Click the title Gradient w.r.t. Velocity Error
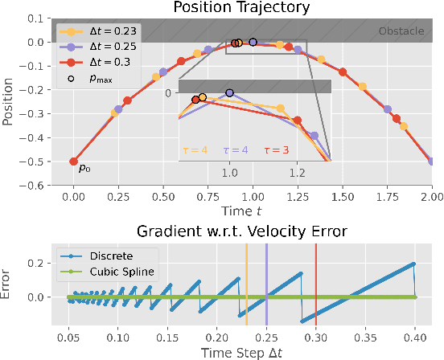(x=242, y=233)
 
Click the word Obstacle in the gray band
(x=401, y=32)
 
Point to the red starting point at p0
(x=74, y=162)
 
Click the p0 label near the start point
(x=84, y=169)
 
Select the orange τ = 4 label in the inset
(x=197, y=149)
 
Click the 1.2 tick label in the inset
(x=296, y=172)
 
